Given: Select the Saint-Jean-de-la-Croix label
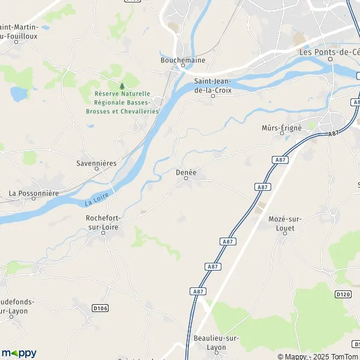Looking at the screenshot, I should (213, 85).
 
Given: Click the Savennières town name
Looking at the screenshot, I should (96, 163).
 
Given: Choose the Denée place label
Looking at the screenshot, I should (186, 172).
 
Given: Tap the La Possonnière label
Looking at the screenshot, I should (34, 193).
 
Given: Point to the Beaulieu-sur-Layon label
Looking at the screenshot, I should (217, 343).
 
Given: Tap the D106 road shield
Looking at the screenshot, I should (101, 308).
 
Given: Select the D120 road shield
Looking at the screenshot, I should (343, 294).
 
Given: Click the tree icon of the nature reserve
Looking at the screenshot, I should (122, 86).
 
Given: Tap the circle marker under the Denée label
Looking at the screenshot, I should (186, 178).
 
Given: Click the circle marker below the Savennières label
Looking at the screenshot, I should (96, 169).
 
